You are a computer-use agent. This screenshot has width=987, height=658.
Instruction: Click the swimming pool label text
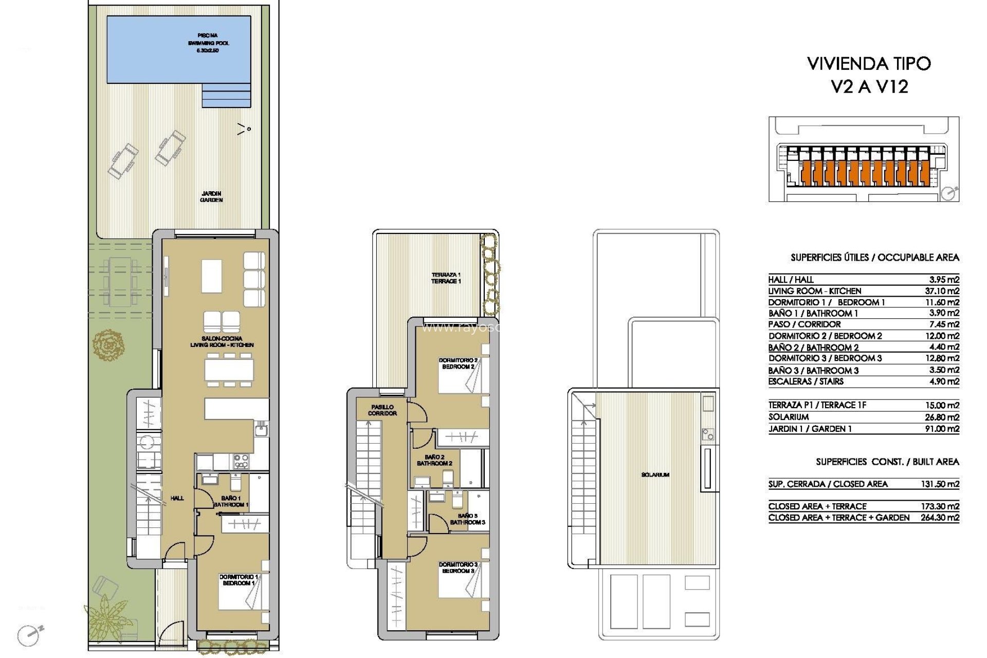(208, 43)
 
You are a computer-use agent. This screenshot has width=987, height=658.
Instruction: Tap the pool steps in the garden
(226, 96)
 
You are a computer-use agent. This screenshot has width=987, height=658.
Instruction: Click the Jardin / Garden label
(211, 197)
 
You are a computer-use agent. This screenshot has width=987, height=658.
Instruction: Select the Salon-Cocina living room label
(222, 342)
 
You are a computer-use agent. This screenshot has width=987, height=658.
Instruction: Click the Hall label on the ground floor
(177, 498)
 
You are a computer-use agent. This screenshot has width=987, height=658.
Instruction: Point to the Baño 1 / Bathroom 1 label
(231, 501)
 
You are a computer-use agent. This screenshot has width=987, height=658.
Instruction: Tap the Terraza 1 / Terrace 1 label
(446, 278)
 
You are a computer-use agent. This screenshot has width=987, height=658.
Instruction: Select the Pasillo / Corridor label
(382, 410)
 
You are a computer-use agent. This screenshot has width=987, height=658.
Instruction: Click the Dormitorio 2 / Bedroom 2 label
(458, 363)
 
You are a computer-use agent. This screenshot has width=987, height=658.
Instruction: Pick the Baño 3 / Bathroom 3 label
(467, 519)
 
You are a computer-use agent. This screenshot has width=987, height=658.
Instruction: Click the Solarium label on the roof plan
(655, 475)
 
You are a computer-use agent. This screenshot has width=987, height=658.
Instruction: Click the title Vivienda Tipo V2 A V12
(869, 75)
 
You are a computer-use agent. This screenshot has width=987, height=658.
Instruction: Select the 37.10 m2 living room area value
(942, 291)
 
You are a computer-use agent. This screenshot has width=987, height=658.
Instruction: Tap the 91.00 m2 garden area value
(942, 429)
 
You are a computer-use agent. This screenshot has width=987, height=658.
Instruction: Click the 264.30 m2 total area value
(940, 518)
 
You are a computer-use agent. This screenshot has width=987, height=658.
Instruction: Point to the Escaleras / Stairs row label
(806, 381)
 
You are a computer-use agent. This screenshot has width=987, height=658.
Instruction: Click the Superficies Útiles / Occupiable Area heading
(874, 258)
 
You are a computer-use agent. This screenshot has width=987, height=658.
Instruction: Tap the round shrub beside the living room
(108, 345)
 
